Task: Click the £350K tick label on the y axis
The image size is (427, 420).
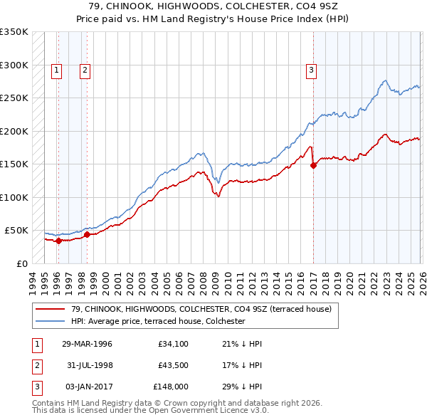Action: click(x=14, y=32)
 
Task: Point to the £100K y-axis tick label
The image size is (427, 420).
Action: click(x=14, y=197)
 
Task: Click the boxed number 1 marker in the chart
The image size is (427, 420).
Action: click(x=56, y=70)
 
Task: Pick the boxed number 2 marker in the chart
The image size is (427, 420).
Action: click(x=85, y=70)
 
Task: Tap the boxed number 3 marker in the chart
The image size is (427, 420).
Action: click(x=312, y=70)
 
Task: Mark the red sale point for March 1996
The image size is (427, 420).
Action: click(x=58, y=241)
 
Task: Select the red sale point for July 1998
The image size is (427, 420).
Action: click(x=87, y=234)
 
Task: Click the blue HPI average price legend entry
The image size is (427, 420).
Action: click(x=157, y=321)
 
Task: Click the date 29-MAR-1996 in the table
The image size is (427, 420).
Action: click(x=87, y=344)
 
